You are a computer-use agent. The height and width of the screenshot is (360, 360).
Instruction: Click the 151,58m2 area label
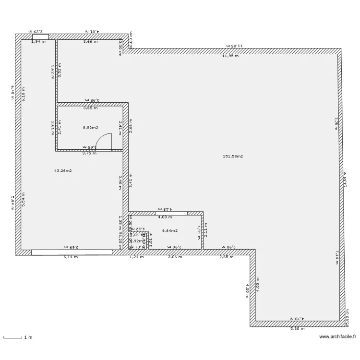tap(233, 156)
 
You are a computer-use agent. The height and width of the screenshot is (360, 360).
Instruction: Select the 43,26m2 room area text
tap(63, 170)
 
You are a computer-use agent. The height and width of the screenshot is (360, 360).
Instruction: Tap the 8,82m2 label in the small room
tap(90, 128)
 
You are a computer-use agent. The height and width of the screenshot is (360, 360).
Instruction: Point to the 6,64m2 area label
tap(170, 231)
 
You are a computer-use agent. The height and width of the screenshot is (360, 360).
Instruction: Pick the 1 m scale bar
tap(12, 337)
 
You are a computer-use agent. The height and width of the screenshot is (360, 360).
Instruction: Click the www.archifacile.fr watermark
tap(337, 337)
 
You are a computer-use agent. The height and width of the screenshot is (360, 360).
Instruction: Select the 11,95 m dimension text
tap(230, 56)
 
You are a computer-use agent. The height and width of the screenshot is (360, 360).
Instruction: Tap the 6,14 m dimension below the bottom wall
tap(71, 257)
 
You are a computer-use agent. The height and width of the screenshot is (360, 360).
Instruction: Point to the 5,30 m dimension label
tap(297, 329)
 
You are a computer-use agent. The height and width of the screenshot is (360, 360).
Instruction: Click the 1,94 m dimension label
tap(38, 42)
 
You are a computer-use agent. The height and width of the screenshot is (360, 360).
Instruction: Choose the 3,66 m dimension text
tap(90, 42)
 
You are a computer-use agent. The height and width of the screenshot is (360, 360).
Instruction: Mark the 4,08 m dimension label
tap(165, 216)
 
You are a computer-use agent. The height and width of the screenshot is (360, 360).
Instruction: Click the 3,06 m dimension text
tap(175, 257)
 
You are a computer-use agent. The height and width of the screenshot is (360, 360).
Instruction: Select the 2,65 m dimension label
tap(227, 257)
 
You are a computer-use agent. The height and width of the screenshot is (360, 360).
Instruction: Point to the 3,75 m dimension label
tap(89, 154)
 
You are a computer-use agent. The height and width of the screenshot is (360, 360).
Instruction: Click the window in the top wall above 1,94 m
tap(40, 36)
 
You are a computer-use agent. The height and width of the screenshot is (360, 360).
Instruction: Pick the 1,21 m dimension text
tap(136, 257)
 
